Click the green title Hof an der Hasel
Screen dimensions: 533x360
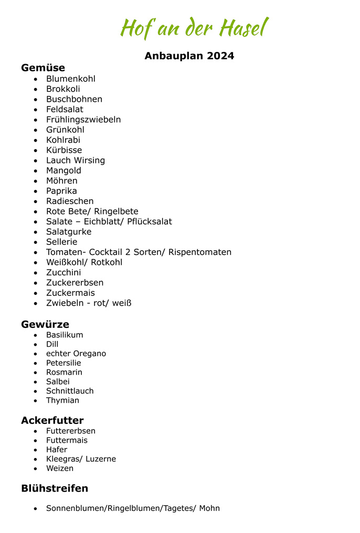pyautogui.click(x=194, y=28)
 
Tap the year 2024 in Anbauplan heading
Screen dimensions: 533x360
pyautogui.click(x=220, y=56)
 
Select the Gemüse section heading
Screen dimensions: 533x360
pyautogui.click(x=43, y=68)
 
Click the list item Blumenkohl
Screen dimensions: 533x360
pyautogui.click(x=71, y=79)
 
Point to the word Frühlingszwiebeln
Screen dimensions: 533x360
pyautogui.click(x=83, y=120)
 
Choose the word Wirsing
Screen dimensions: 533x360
pyautogui.click(x=89, y=161)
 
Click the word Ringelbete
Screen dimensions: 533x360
pyautogui.click(x=117, y=211)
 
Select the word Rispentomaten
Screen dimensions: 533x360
pyautogui.click(x=200, y=252)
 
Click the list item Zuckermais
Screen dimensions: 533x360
pyautogui.click(x=70, y=293)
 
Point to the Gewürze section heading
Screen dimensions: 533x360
pyautogui.click(x=45, y=324)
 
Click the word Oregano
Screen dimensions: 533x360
pyautogui.click(x=90, y=354)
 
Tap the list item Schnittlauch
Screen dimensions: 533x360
pyautogui.click(x=70, y=391)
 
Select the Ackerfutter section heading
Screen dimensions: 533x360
pyautogui.click(x=52, y=420)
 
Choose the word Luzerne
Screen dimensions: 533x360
pyautogui.click(x=101, y=459)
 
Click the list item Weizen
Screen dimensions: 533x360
pyautogui.click(x=60, y=468)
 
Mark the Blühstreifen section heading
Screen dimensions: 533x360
pyautogui.click(x=55, y=488)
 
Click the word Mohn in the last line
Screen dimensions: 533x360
pyautogui.click(x=209, y=508)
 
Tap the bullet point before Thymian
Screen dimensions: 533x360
pyautogui.click(x=35, y=401)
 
